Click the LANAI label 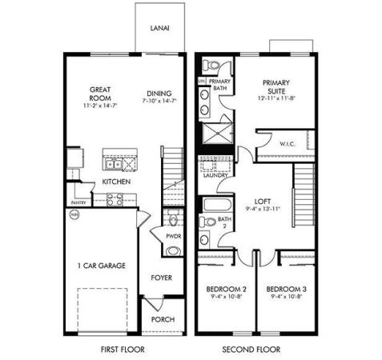tap(159, 28)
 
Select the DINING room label tap(158, 93)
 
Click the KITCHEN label tap(116, 182)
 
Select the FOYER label tap(162, 278)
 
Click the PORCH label tap(163, 318)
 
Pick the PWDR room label tap(173, 237)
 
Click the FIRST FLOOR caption tap(122, 350)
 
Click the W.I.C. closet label tap(288, 144)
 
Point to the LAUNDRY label tap(216, 175)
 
